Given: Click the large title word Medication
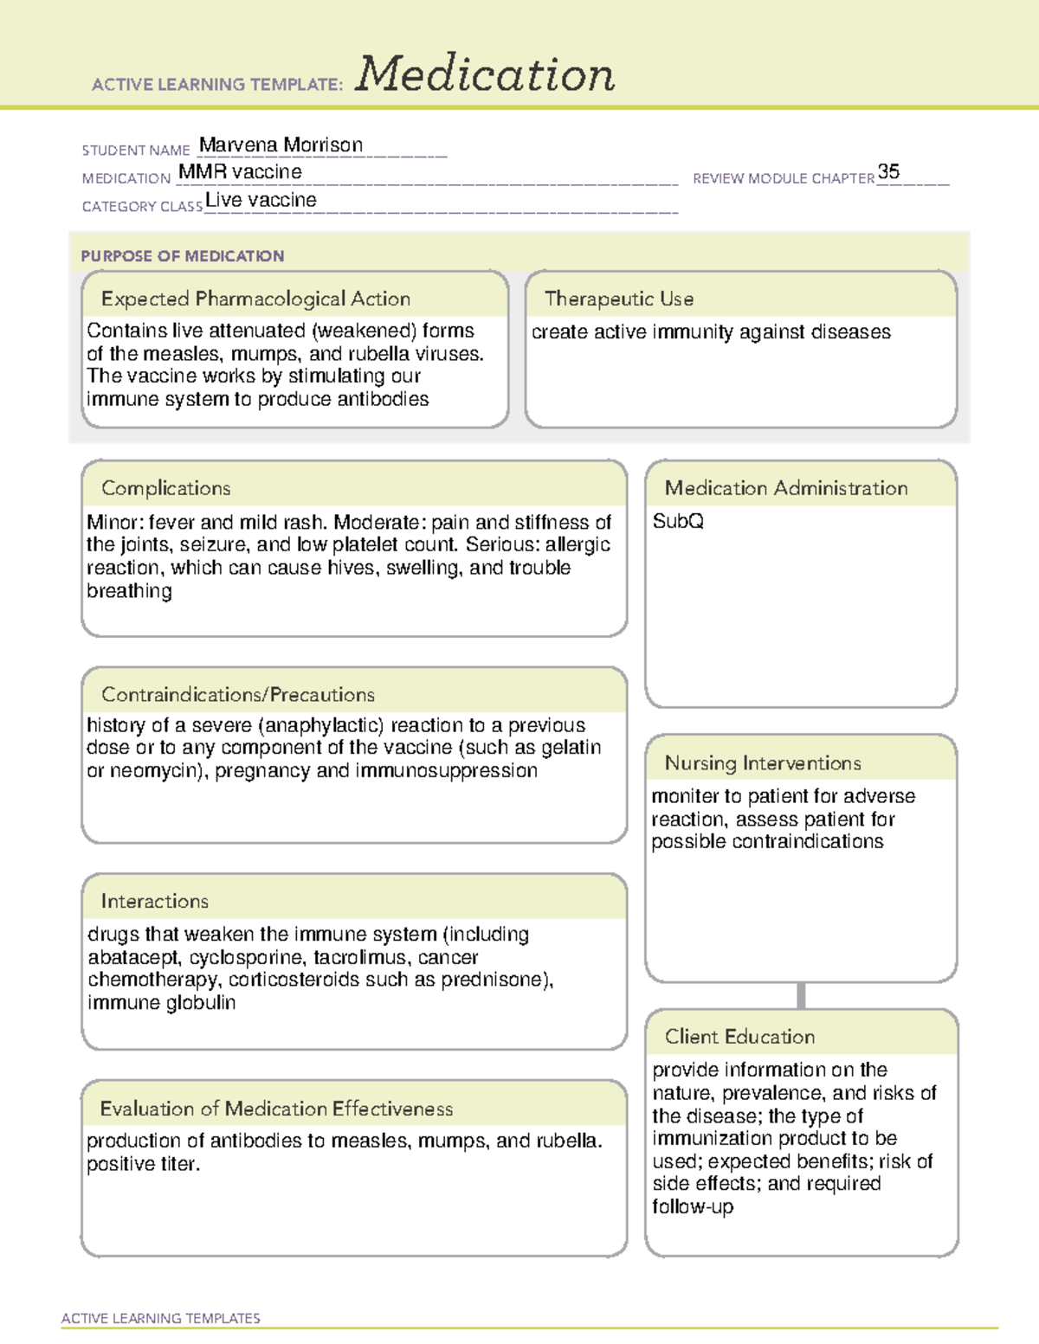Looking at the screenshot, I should point(485,74).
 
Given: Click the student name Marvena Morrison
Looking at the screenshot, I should point(281,145).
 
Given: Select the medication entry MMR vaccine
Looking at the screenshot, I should point(240,172).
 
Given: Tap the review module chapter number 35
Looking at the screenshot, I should point(888,171).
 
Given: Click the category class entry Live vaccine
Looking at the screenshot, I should point(261,200).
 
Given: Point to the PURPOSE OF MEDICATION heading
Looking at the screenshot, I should point(182,256).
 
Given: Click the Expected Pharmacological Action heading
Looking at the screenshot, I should point(255,299).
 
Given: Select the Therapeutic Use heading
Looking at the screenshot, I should point(618,299).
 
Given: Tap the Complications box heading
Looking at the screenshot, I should point(165,488).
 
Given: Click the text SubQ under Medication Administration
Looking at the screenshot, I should point(678,521).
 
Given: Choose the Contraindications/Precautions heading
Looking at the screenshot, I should point(237,694).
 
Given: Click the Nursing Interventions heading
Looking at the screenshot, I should point(762,762).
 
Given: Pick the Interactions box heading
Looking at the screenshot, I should point(154,901).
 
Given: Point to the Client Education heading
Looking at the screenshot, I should point(739,1036).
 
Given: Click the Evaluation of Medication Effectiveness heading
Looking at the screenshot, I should point(276,1109).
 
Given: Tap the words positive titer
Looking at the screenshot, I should point(143,1164).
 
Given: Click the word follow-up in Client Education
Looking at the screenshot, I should point(693,1206).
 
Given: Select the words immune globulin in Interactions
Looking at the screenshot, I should point(161,1003).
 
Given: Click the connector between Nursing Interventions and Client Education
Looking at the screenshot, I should point(801,995).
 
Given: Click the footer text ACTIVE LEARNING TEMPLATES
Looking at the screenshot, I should point(160,1318).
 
